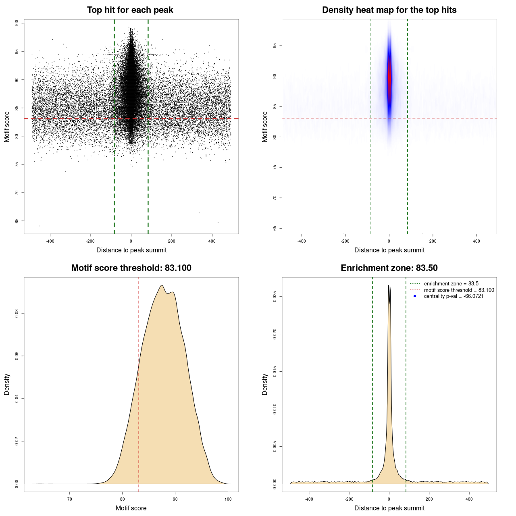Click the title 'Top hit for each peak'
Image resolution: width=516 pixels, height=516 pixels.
pos(130,10)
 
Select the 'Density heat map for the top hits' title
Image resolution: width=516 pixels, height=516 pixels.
pos(389,10)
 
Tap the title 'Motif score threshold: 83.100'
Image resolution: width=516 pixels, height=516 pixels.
pos(131,268)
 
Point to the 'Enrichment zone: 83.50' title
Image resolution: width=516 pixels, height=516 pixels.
pos(389,268)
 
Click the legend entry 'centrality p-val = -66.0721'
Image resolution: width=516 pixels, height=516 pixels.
pos(454,296)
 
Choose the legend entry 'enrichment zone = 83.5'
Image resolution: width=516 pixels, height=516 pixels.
pos(451,284)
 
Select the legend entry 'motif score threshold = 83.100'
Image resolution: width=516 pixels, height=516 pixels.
pos(459,290)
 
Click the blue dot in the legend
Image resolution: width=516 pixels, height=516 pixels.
pos(415,296)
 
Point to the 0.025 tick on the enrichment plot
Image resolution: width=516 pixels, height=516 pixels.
pos(275,297)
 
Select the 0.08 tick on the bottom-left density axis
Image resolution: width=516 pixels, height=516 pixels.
pos(17,313)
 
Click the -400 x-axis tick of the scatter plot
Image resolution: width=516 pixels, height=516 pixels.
pos(50,241)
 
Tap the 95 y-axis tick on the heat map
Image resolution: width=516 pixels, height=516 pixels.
pos(275,46)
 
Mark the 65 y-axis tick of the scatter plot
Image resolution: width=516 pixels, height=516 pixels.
pos(17,221)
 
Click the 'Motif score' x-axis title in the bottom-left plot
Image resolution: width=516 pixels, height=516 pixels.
pos(131,508)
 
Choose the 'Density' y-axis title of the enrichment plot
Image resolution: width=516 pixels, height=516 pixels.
pos(265,384)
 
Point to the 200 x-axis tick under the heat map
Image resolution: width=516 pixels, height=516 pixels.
pos(433,241)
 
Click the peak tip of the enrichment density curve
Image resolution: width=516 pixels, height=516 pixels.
pos(389,285)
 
